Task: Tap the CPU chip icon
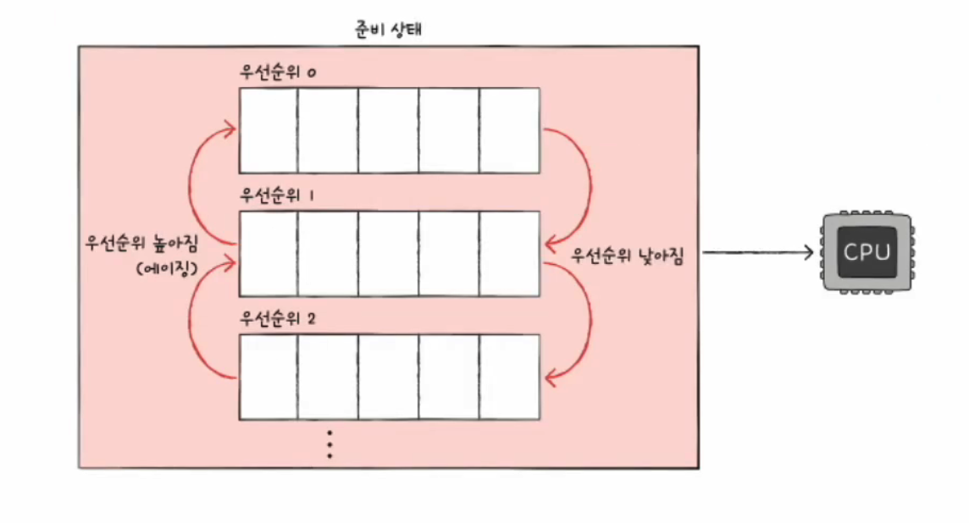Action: pyautogui.click(x=867, y=252)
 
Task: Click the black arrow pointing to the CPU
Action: pyautogui.click(x=758, y=252)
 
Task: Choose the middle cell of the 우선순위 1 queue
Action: pyautogui.click(x=388, y=253)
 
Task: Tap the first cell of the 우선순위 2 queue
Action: pyautogui.click(x=269, y=377)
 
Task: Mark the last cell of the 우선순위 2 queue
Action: pyautogui.click(x=510, y=377)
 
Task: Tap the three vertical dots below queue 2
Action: pyautogui.click(x=329, y=444)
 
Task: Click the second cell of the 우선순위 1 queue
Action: pyautogui.click(x=328, y=253)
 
